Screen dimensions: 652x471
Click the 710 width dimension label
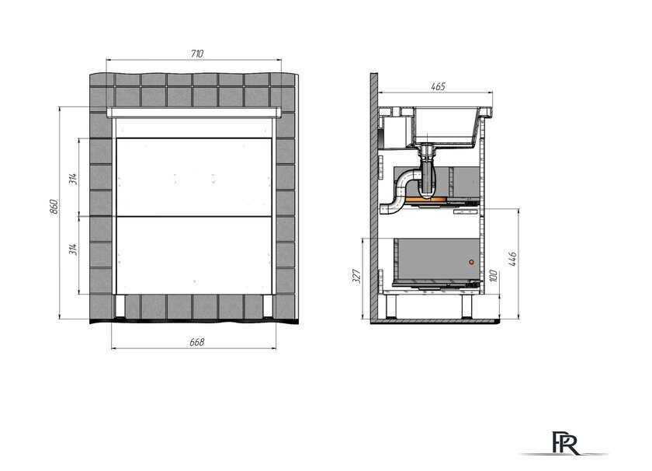click(196, 54)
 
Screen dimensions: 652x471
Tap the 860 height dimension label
click(54, 207)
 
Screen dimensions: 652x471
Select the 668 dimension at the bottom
click(196, 342)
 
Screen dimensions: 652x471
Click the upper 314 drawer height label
click(73, 179)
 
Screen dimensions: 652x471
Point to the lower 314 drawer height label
click(73, 249)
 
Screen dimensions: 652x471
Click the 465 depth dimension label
click(438, 86)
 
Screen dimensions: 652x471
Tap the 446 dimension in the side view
click(512, 259)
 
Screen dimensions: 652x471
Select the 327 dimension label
click(357, 276)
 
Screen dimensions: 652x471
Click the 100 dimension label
click(494, 276)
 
